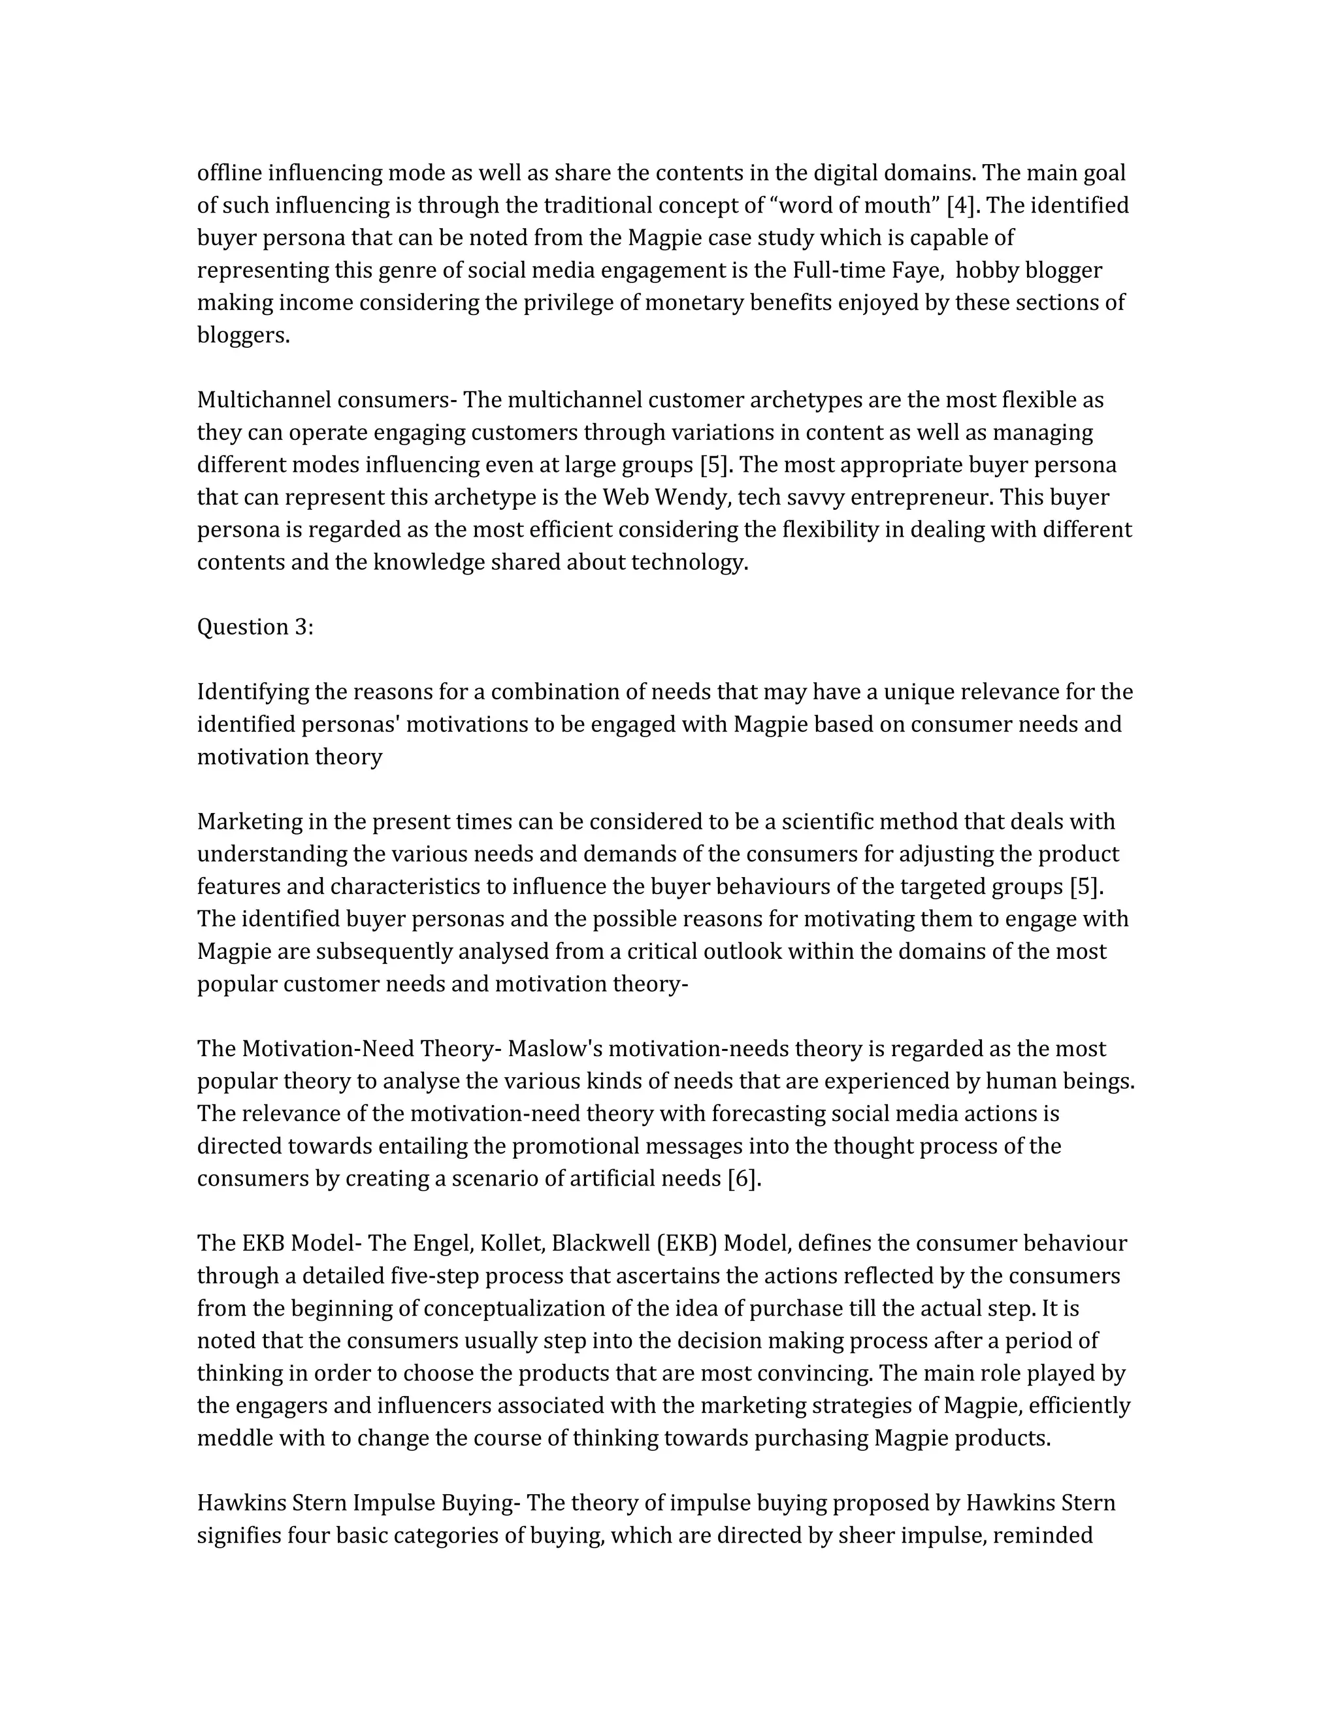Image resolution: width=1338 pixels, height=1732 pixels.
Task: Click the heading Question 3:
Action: [255, 627]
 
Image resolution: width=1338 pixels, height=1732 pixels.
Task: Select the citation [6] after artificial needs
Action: [744, 1178]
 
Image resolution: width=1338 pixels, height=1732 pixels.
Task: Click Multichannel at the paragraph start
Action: [264, 400]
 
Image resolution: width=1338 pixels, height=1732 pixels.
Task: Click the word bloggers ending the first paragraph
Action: [242, 335]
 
